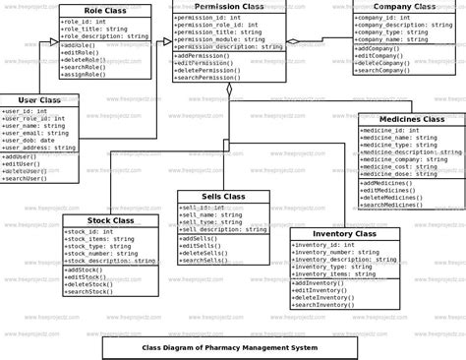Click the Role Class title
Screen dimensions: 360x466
(104, 9)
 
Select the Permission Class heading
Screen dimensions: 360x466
(229, 6)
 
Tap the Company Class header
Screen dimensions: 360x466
(404, 6)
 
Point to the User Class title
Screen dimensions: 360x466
(38, 100)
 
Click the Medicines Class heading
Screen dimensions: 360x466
(411, 119)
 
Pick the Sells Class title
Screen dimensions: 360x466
(223, 197)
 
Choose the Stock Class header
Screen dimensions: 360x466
(110, 220)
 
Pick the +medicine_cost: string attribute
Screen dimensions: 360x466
(399, 167)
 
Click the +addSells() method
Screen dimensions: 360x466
(198, 239)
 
